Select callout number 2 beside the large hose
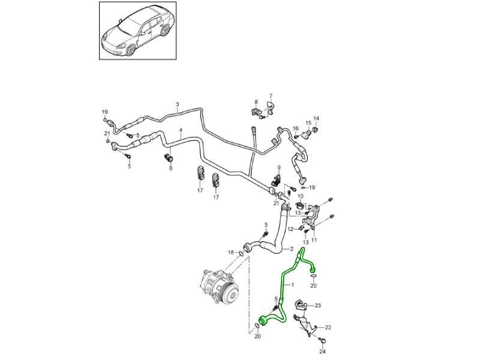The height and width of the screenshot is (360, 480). pos(292,249)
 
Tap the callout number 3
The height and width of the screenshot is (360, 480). pos(177,105)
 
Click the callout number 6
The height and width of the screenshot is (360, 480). pos(170,169)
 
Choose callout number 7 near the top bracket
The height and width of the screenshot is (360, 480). pos(271,97)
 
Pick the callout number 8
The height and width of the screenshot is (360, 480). pos(256,102)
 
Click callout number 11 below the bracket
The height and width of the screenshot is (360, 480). pos(314,240)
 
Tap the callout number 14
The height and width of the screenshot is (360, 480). pos(317,118)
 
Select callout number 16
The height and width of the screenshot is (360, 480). pos(295,128)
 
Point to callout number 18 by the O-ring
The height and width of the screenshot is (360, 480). pos(231,253)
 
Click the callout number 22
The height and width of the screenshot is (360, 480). pos(328,328)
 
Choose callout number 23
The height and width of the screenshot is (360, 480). pos(318,306)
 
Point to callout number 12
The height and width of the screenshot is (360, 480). pos(290,229)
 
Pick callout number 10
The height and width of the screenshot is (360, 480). pos(301,196)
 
